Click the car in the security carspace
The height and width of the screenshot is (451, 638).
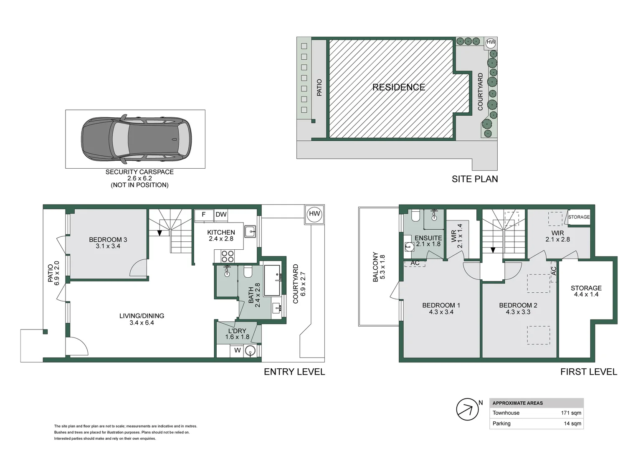(136, 139)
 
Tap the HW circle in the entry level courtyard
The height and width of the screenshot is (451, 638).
(314, 214)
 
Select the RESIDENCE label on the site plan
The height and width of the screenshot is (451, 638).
(398, 87)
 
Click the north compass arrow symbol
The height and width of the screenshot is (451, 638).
(467, 409)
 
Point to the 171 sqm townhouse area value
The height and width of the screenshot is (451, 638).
(571, 413)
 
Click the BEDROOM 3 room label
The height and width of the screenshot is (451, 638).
(108, 240)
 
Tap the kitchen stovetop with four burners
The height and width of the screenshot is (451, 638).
(227, 256)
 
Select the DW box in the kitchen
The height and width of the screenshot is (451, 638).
(221, 215)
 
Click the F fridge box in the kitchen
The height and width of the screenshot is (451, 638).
(204, 215)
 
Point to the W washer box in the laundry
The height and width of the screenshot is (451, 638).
(237, 350)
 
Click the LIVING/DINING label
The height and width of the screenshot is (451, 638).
(142, 316)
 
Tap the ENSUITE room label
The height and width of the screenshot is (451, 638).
(428, 238)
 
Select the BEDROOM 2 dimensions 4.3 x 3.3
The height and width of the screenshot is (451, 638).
(518, 312)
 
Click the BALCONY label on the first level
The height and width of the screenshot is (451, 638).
(375, 267)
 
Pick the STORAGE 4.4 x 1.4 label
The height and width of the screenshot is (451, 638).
(586, 291)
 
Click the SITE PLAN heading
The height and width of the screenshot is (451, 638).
(474, 179)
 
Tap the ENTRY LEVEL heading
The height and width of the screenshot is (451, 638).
(294, 372)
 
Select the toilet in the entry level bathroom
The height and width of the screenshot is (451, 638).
(248, 272)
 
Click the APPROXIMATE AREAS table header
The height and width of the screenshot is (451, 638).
(517, 403)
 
